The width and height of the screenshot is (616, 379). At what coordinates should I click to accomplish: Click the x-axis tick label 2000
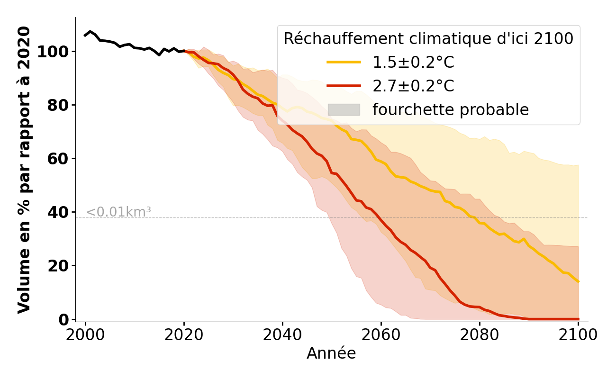[85, 335]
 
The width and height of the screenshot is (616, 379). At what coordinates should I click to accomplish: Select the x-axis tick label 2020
[184, 335]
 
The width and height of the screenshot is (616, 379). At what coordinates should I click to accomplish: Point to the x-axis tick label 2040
[282, 335]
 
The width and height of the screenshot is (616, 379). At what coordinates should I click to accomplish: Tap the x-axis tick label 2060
[381, 335]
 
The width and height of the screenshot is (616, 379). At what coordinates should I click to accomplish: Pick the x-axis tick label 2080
[480, 335]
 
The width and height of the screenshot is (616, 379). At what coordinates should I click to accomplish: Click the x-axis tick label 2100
[578, 335]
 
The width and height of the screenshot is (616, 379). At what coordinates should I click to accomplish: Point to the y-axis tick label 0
[64, 320]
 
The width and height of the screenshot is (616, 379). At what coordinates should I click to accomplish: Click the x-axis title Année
[331, 353]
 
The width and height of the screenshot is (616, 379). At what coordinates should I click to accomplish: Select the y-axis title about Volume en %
[24, 170]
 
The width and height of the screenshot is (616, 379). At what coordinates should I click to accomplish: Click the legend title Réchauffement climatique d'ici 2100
[428, 39]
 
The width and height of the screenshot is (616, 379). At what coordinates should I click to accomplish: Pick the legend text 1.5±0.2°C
[413, 63]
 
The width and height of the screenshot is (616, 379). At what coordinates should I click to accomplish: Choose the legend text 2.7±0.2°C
[413, 86]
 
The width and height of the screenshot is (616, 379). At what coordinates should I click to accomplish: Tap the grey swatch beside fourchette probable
[344, 109]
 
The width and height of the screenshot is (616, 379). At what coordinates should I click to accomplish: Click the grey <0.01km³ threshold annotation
[118, 212]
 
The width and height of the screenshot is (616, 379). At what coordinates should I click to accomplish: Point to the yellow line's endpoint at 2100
[578, 282]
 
